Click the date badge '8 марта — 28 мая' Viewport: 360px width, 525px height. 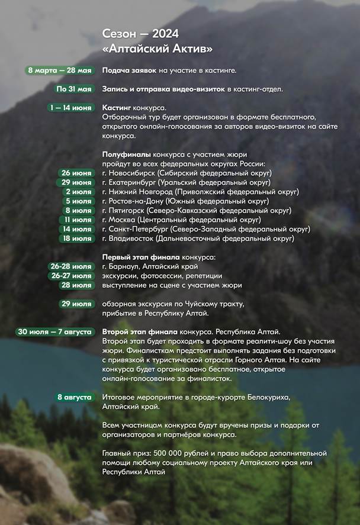[x=59, y=70]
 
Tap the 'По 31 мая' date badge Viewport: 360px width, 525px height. [x=74, y=89]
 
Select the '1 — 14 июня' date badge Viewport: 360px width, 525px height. [x=70, y=108]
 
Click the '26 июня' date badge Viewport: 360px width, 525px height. [x=76, y=173]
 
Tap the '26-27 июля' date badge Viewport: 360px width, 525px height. [x=72, y=276]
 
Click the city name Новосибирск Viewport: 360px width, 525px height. [x=136, y=173]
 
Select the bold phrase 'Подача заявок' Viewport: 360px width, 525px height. [x=129, y=70]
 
